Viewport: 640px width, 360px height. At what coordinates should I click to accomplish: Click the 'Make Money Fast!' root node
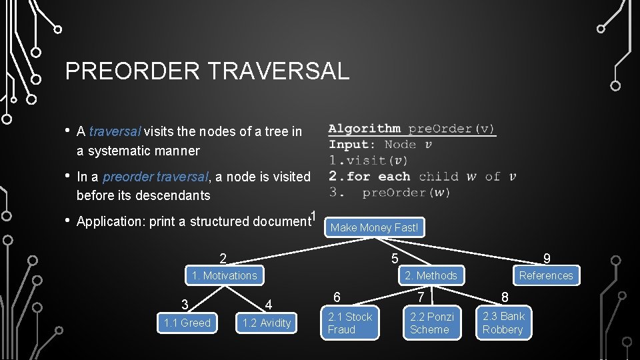tap(374, 227)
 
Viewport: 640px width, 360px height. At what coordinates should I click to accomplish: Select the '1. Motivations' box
tap(223, 275)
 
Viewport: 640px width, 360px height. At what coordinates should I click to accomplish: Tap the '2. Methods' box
tap(431, 275)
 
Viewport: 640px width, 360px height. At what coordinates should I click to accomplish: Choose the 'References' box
tap(546, 275)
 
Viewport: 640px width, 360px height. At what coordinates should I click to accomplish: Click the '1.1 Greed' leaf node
tap(187, 323)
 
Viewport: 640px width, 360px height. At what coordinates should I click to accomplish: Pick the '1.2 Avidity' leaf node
tap(267, 323)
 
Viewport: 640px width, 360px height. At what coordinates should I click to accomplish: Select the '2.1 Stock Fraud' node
tap(350, 323)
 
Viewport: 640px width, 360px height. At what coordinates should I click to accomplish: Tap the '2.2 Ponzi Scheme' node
tap(431, 323)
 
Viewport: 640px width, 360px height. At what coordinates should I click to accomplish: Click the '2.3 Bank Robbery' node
tap(503, 323)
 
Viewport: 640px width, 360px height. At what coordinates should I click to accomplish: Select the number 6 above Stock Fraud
tap(337, 297)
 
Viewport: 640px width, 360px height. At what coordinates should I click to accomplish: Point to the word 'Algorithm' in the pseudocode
tap(365, 129)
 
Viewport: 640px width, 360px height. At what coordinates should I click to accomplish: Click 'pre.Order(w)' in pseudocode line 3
tap(406, 193)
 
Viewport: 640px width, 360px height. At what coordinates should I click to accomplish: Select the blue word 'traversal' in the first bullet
tap(115, 132)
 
